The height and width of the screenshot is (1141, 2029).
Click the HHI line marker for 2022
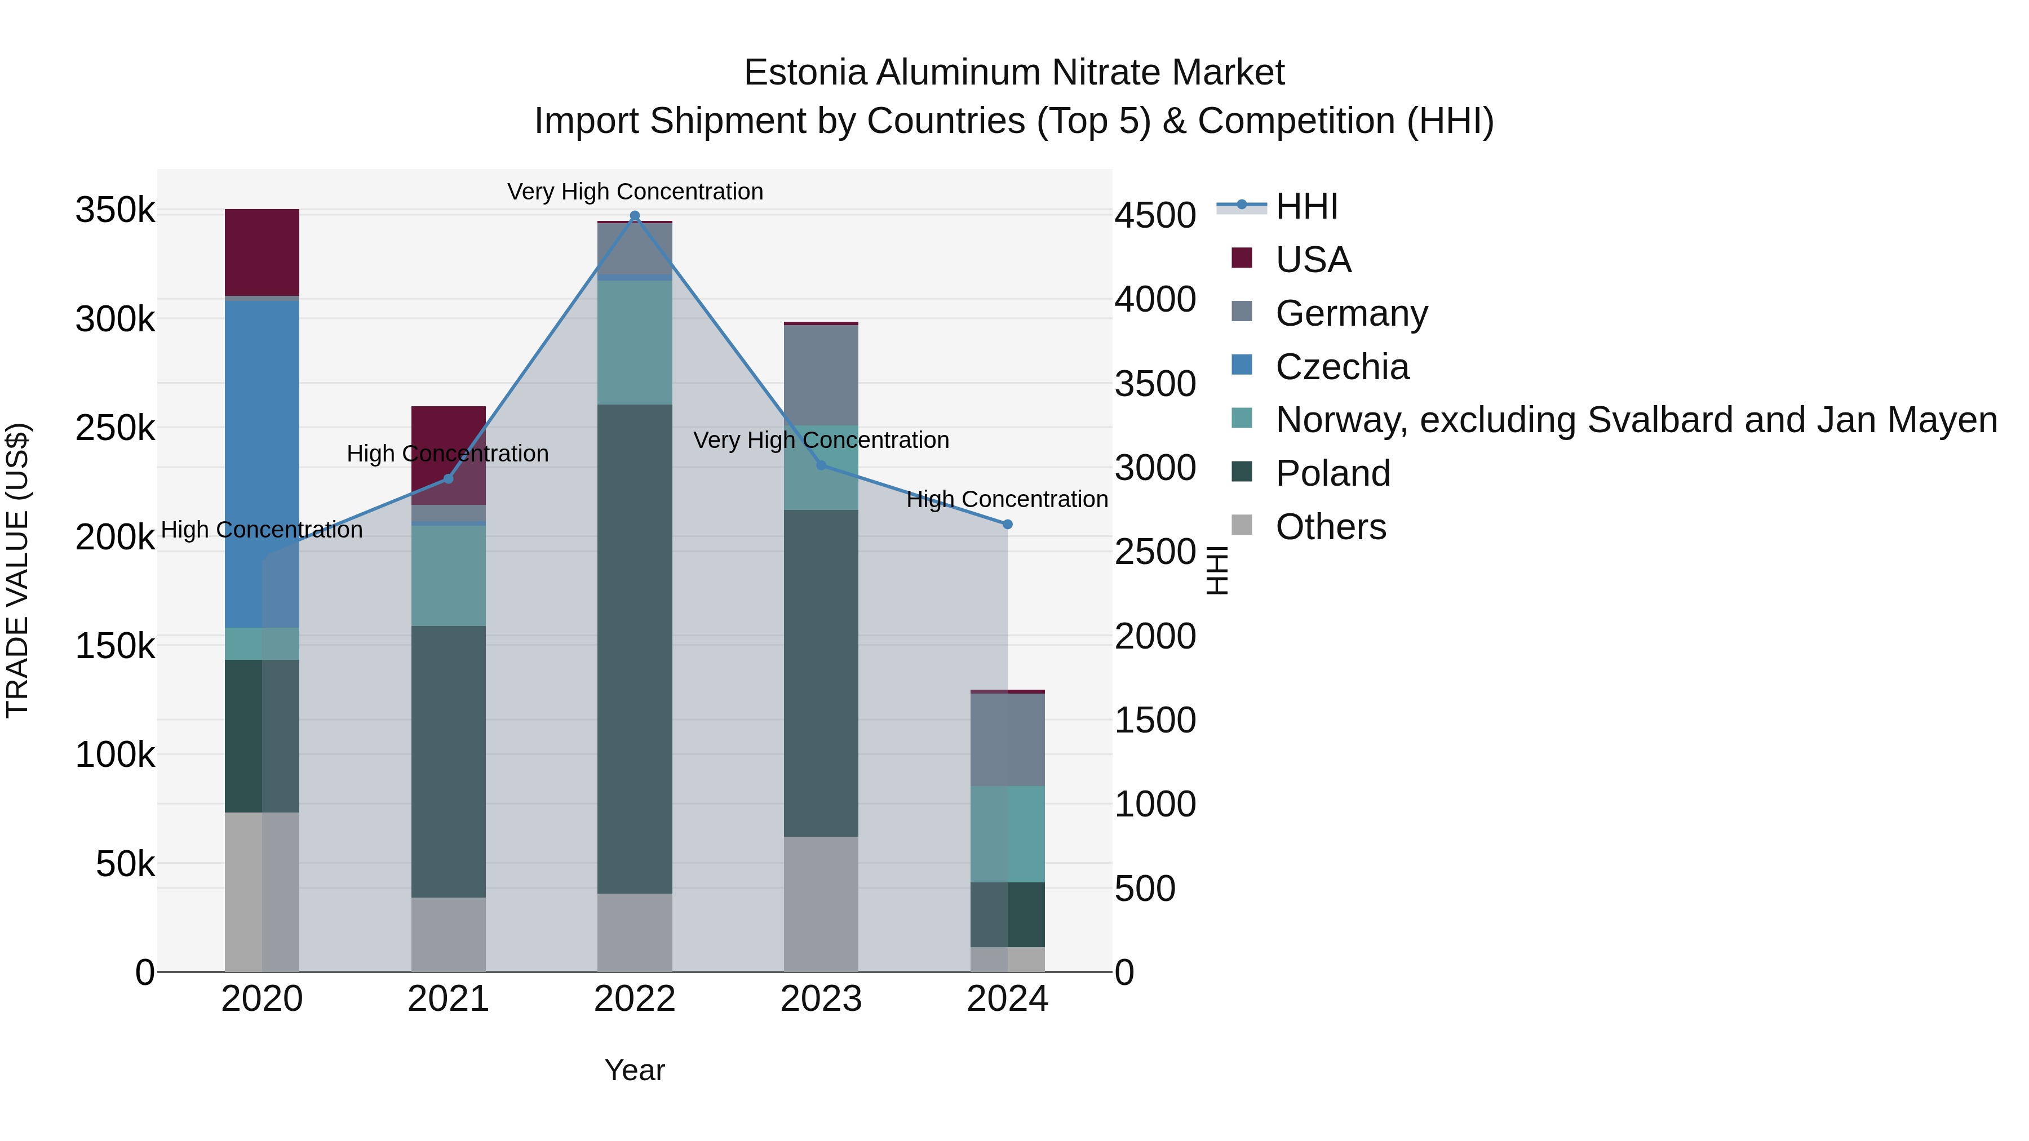(x=635, y=216)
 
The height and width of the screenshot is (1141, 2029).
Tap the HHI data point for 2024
(x=1007, y=525)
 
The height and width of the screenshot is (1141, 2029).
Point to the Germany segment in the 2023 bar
(x=821, y=375)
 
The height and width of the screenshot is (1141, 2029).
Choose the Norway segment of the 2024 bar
(x=1007, y=834)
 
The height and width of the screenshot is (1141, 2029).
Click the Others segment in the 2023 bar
(x=821, y=903)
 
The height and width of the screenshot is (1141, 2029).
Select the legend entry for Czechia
(x=1341, y=367)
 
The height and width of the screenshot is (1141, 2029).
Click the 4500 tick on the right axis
(x=1155, y=216)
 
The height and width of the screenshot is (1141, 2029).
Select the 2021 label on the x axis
(x=448, y=999)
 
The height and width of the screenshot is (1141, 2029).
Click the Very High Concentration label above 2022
(x=635, y=192)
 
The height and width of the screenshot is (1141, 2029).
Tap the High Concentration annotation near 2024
(x=1007, y=499)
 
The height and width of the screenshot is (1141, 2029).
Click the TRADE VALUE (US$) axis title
(x=17, y=570)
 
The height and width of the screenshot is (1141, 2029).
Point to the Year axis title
(x=635, y=1070)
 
